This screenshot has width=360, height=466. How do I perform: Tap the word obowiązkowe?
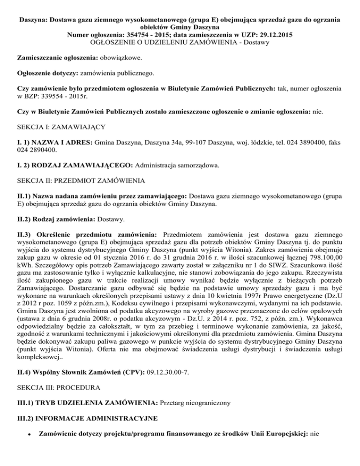coord(112,59)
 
